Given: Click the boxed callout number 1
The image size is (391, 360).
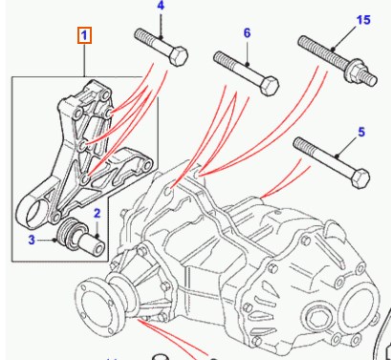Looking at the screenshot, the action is pos(84,35).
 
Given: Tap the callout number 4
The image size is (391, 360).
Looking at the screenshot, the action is pos(161,6).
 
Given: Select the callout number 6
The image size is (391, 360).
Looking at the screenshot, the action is pos(247,33).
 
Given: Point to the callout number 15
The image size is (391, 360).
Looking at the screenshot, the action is pos(363,20).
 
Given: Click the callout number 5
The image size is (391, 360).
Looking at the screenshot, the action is pos(361,132).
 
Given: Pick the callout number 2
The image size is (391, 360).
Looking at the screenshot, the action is pos(98,214).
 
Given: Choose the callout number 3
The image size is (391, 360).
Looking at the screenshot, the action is pos(32,240).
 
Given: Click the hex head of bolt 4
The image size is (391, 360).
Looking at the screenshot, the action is pos(179,56).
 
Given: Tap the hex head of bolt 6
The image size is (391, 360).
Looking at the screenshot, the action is pos(270,86).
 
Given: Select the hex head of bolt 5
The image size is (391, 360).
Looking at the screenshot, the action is pos(360,179).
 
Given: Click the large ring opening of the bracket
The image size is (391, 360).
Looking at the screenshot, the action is pos(36,211).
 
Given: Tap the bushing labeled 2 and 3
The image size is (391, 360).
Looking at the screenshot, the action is pos(80,236).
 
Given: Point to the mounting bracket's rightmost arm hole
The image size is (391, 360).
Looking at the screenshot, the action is pos(147,165).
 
